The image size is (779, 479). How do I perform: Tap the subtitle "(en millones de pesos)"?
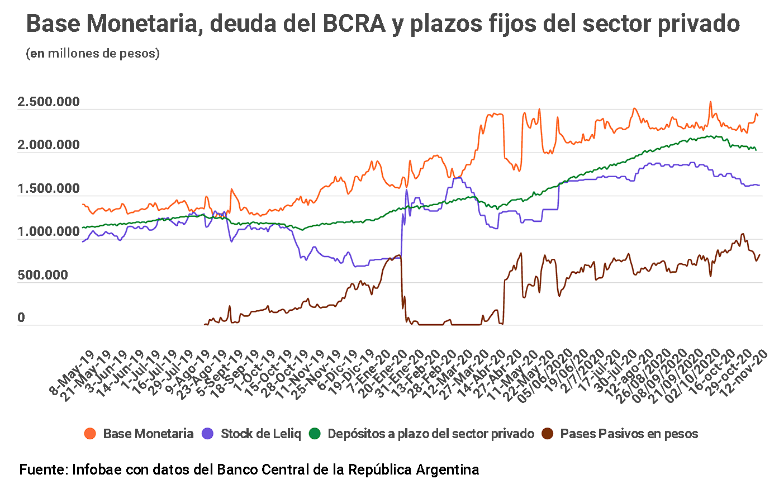93,54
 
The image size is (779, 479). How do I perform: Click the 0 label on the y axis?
22,318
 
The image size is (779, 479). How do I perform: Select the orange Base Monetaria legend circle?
90,434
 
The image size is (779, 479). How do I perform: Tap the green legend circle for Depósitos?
315,434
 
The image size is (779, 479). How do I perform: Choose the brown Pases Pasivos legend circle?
548,434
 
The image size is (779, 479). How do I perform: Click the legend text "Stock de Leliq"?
261,434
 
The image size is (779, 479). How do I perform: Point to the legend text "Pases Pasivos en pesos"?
629,434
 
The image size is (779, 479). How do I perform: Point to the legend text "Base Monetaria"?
149,434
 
